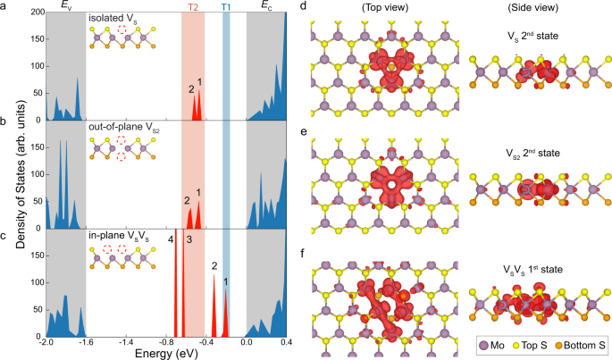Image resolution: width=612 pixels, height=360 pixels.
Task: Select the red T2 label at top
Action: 193,6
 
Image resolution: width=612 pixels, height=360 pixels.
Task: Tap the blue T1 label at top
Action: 226,6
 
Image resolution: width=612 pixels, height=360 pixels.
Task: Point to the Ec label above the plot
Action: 265,6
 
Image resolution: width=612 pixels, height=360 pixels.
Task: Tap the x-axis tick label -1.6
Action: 86,342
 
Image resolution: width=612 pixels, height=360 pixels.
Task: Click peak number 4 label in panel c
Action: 170,239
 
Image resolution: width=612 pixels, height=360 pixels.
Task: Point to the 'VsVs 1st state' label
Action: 532,269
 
